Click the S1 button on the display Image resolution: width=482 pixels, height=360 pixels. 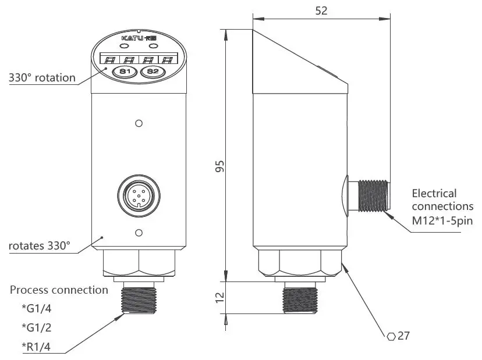pos(123,72)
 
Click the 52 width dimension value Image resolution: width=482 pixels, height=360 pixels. pos(321,10)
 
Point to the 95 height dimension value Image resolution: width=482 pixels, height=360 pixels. pos(219,166)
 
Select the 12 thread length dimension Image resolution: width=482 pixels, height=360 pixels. pos(219,298)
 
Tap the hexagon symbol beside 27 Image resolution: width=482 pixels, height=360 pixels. pos(392,336)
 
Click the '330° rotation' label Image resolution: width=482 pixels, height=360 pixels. pos(42,78)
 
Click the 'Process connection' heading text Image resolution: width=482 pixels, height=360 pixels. pos(59,290)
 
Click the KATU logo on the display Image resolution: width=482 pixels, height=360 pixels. pos(139,38)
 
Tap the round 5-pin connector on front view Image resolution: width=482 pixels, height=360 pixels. pos(138,195)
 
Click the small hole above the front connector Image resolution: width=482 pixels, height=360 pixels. pos(139,123)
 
